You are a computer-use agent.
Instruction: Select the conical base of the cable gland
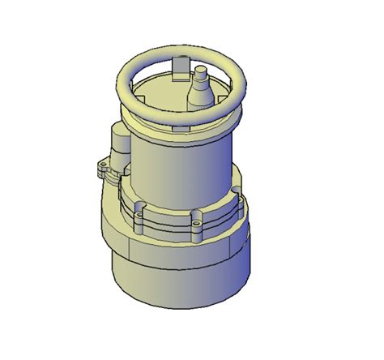(200, 96)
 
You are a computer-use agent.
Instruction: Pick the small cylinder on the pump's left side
(120, 147)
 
